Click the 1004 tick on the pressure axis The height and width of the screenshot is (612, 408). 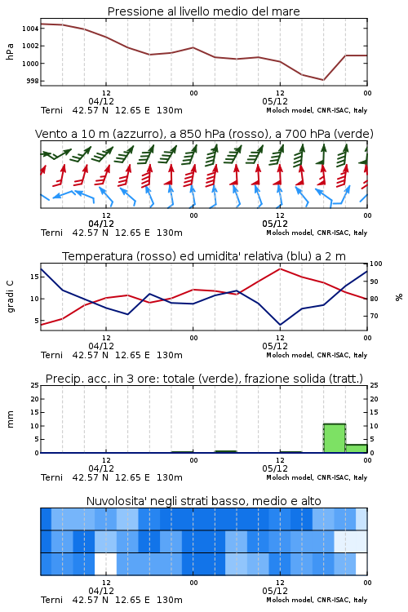tap(29, 29)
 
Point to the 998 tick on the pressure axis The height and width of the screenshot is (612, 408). tap(32, 81)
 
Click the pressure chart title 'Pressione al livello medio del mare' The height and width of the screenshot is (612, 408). tap(203, 11)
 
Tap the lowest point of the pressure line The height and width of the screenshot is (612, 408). tap(323, 80)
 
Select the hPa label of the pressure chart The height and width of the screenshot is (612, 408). tap(10, 51)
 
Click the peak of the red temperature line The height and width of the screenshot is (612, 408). tap(280, 268)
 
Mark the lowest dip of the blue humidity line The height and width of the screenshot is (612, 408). tap(280, 325)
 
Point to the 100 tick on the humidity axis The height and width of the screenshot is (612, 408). tap(376, 264)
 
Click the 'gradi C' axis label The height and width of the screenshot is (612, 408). tap(11, 296)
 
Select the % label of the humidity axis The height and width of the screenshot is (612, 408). tap(399, 297)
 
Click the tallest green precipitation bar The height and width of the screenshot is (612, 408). tap(335, 438)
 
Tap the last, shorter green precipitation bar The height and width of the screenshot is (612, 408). tap(356, 449)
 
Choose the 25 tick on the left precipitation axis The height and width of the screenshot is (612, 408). tap(35, 385)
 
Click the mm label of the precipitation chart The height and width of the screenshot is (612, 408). tap(10, 419)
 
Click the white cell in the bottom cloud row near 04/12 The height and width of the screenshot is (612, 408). tap(105, 564)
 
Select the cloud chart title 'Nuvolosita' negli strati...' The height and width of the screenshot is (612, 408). tap(203, 501)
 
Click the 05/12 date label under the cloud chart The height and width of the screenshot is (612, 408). tap(275, 591)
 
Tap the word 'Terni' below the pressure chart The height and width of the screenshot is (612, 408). tap(51, 110)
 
